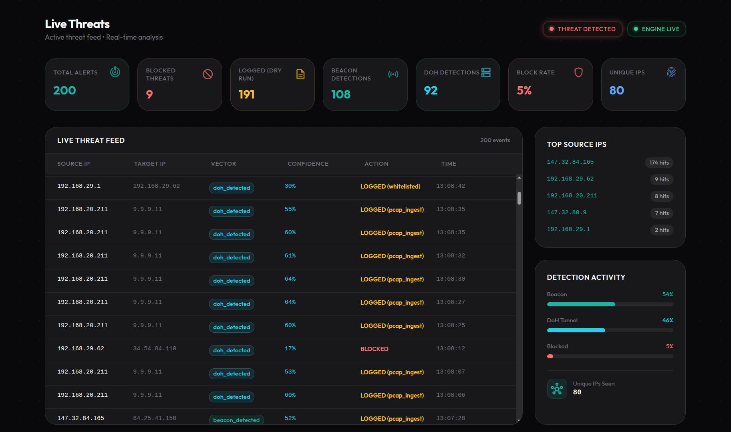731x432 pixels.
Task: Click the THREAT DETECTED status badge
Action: pyautogui.click(x=582, y=29)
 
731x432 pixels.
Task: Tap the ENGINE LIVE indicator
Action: pyautogui.click(x=656, y=29)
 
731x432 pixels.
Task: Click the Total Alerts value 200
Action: pyautogui.click(x=64, y=90)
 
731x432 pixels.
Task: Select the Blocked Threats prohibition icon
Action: pyautogui.click(x=207, y=74)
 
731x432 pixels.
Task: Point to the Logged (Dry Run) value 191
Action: pyautogui.click(x=247, y=94)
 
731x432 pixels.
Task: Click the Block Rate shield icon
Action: pyautogui.click(x=578, y=72)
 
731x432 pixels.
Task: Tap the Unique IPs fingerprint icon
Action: pyautogui.click(x=671, y=72)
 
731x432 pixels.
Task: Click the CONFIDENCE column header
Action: pyautogui.click(x=308, y=164)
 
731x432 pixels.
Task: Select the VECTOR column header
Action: pyautogui.click(x=224, y=164)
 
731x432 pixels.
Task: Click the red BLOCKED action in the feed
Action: pyautogui.click(x=375, y=349)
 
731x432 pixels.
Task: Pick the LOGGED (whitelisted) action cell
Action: pyautogui.click(x=391, y=186)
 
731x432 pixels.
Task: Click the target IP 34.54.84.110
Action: pyautogui.click(x=155, y=349)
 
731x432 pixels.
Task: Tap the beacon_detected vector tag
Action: pyautogui.click(x=236, y=420)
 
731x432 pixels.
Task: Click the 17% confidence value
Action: pyautogui.click(x=290, y=349)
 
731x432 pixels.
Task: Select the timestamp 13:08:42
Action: pyautogui.click(x=451, y=186)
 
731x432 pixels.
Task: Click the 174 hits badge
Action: pyautogui.click(x=659, y=163)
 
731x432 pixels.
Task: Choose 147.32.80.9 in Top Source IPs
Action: pyautogui.click(x=567, y=213)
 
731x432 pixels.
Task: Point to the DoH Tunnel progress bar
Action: pyautogui.click(x=610, y=330)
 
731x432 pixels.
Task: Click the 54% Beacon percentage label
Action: pyautogui.click(x=668, y=294)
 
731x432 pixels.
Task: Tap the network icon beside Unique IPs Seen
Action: pyautogui.click(x=557, y=389)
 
